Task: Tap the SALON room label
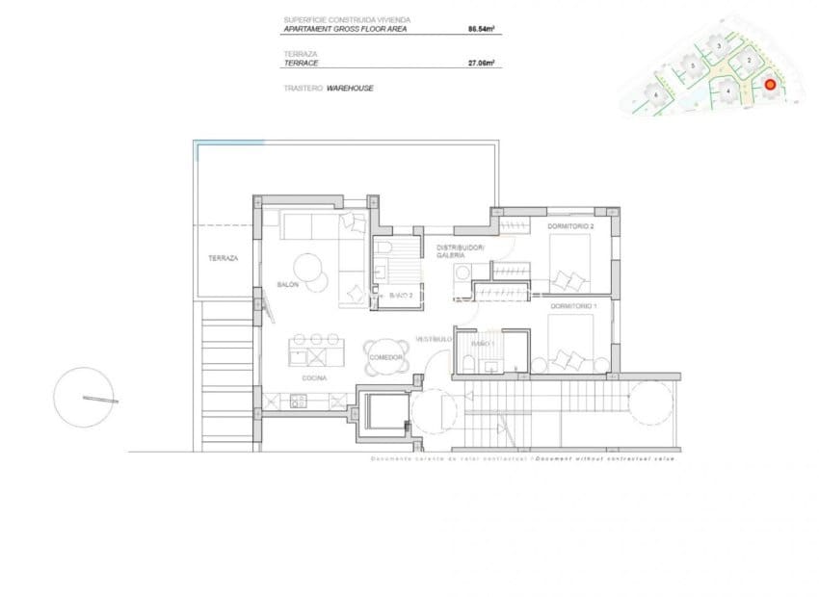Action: pyautogui.click(x=287, y=285)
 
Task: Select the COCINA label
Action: pyautogui.click(x=314, y=378)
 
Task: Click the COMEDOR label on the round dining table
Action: pyautogui.click(x=384, y=357)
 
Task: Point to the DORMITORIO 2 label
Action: pyautogui.click(x=571, y=226)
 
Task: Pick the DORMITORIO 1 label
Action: pyautogui.click(x=573, y=305)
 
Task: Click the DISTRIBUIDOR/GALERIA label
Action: pyautogui.click(x=461, y=251)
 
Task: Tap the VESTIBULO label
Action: pyautogui.click(x=434, y=339)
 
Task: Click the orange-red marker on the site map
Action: pyautogui.click(x=770, y=85)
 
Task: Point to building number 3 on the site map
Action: pyautogui.click(x=719, y=45)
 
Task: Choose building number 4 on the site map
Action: pyautogui.click(x=728, y=91)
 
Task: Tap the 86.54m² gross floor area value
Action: pyautogui.click(x=482, y=30)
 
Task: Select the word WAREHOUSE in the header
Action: pyautogui.click(x=350, y=88)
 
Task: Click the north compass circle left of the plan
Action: pyautogui.click(x=84, y=398)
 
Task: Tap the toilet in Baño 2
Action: pyautogui.click(x=383, y=250)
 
